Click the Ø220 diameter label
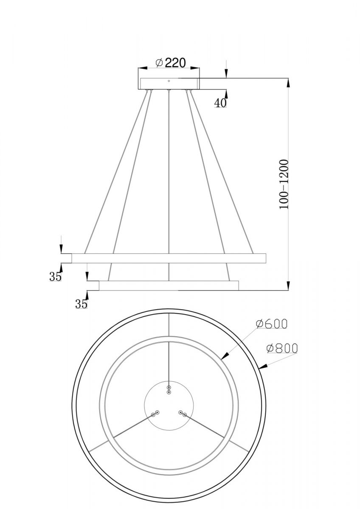171,63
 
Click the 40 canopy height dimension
220,103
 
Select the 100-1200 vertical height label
284,184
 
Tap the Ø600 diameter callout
272,324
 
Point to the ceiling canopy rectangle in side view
169,84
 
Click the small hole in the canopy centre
169,81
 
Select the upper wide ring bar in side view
169,258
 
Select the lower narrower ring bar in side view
169,285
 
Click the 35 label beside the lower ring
81,303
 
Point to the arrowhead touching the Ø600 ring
224,358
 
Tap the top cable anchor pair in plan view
169,390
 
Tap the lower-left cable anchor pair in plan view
155,413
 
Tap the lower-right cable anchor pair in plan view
183,413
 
